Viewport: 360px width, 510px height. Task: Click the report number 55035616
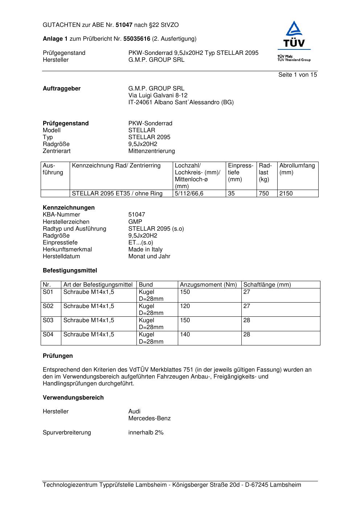137,39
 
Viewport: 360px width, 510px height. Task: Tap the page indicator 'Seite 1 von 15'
298,75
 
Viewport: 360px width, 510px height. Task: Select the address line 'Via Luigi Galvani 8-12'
158,96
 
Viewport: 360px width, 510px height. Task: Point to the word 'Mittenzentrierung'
151,151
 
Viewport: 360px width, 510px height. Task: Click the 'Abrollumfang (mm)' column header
297,169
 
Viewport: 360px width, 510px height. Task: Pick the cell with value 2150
286,194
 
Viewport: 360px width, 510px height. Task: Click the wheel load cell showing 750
264,194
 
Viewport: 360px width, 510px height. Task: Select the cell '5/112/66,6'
189,194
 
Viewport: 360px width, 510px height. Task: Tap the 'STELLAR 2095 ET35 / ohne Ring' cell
117,194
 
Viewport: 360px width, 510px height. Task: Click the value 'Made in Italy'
146,250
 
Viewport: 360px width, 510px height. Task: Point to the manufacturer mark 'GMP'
135,222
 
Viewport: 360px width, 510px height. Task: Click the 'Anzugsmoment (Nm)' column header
208,285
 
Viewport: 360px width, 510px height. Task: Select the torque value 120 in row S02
185,306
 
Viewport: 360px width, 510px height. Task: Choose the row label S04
48,335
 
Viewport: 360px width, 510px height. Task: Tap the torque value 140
185,335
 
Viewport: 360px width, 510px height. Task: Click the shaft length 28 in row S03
247,320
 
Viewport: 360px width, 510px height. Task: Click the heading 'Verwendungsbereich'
73,398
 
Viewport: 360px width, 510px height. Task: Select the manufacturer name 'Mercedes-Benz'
150,418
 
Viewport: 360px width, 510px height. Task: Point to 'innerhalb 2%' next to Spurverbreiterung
146,433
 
